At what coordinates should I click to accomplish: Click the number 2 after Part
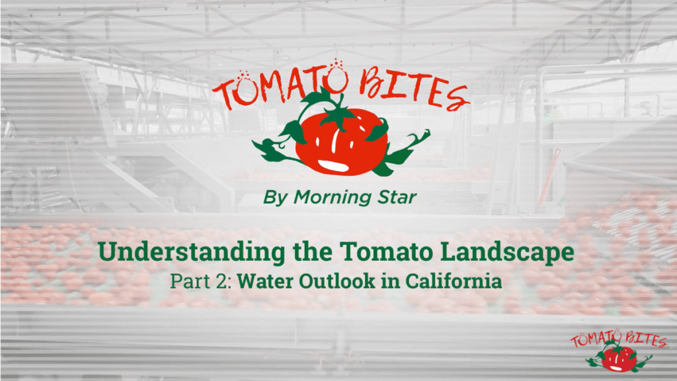pyautogui.click(x=227, y=281)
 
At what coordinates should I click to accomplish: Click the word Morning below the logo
pyautogui.click(x=332, y=198)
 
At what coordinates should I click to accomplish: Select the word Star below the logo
pyautogui.click(x=397, y=197)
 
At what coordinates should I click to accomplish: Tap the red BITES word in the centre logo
pyautogui.click(x=414, y=89)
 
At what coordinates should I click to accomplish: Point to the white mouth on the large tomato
pyautogui.click(x=336, y=165)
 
